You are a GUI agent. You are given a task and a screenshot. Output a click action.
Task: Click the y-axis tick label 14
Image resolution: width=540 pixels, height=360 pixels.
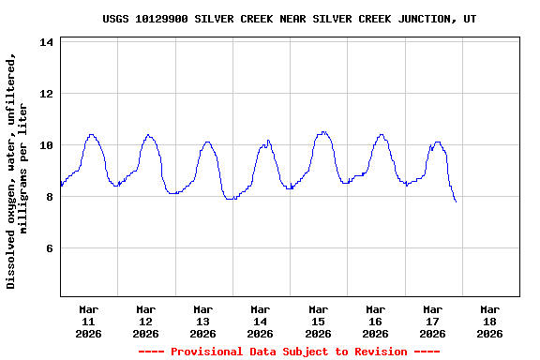pyautogui.click(x=46, y=42)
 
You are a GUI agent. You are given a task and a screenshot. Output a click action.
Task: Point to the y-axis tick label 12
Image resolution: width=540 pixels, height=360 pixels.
pyautogui.click(x=46, y=94)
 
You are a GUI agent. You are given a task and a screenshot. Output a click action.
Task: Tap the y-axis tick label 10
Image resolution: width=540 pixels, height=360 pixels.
pyautogui.click(x=46, y=145)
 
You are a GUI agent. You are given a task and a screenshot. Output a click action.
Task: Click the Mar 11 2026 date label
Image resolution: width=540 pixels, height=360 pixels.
pyautogui.click(x=89, y=321)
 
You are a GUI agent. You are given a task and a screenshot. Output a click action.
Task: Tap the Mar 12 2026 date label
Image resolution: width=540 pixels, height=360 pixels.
pyautogui.click(x=146, y=321)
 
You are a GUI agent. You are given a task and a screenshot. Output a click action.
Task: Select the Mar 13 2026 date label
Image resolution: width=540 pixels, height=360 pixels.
pyautogui.click(x=203, y=321)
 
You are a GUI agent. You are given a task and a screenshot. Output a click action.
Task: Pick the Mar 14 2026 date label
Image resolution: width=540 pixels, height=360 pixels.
pyautogui.click(x=261, y=321)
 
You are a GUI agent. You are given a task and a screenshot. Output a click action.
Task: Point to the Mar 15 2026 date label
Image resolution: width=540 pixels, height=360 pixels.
pyautogui.click(x=318, y=321)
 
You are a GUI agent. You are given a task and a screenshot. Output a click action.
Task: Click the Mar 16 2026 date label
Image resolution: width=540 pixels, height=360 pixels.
pyautogui.click(x=375, y=321)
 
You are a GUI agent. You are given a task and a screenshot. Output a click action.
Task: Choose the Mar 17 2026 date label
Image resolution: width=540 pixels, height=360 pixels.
pyautogui.click(x=432, y=321)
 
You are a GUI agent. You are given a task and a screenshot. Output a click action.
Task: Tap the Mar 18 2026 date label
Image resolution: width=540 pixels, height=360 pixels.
pyautogui.click(x=489, y=321)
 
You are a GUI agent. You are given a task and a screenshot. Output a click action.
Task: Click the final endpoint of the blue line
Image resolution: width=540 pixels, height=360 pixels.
pyautogui.click(x=456, y=202)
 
